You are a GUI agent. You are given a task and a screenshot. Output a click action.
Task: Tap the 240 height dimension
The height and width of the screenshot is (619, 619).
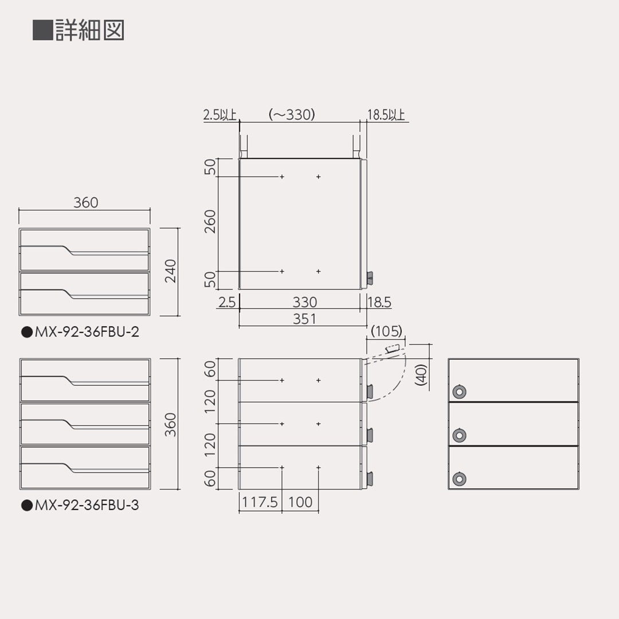point(170,271)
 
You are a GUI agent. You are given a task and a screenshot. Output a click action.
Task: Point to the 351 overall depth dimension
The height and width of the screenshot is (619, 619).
point(304,319)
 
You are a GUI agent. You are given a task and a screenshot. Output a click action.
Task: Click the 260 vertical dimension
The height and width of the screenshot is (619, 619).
point(210,222)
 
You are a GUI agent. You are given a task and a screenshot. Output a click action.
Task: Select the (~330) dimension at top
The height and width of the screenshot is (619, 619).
point(292,115)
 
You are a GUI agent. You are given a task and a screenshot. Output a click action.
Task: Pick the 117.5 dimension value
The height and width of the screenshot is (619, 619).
point(260,503)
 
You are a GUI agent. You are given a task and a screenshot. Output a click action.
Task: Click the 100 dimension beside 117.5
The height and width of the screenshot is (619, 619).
point(300,503)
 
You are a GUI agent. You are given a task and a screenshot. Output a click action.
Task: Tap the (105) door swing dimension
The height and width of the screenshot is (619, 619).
point(387,331)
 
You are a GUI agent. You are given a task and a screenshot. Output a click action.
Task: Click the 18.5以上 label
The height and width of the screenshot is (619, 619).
point(386,115)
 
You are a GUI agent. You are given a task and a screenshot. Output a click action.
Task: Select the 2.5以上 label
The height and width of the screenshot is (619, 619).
point(220,115)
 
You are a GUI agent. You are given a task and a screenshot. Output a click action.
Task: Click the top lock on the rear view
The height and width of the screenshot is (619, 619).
point(459,392)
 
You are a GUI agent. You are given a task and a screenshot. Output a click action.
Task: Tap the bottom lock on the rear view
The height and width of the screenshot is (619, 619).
point(459,479)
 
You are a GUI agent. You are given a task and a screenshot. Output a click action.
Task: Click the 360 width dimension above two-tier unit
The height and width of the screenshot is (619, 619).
point(85,203)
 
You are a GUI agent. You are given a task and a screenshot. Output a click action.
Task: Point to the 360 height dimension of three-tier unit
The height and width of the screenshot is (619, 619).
point(170,424)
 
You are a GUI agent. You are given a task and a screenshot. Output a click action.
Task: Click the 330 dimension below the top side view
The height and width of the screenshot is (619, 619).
point(304,302)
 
